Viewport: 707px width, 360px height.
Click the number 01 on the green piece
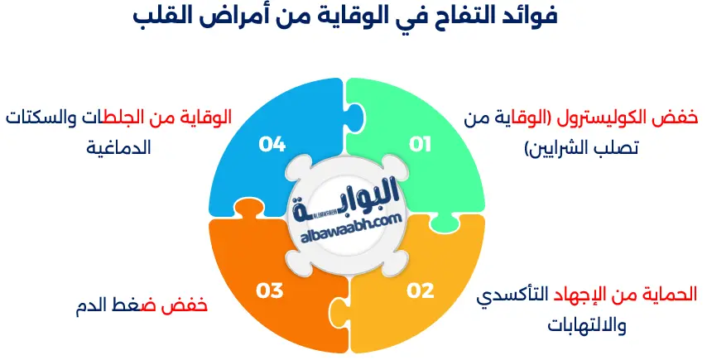click(421, 145)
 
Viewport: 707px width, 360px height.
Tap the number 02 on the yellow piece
click(421, 290)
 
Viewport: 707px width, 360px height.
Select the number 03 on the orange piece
click(270, 290)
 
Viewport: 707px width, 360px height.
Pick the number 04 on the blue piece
click(272, 145)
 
